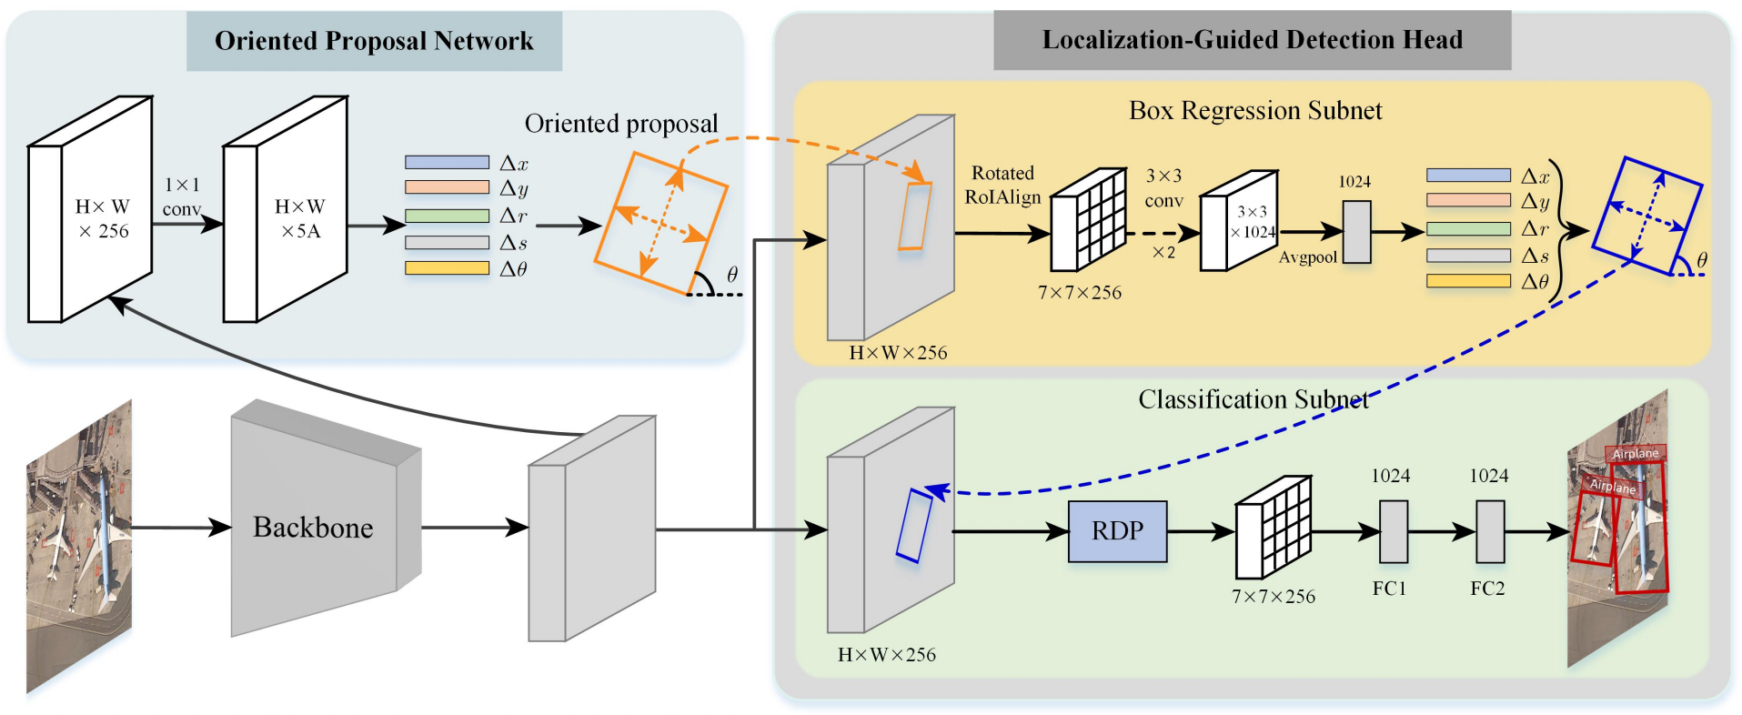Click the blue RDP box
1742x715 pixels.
pos(1117,530)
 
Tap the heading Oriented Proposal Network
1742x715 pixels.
pos(374,41)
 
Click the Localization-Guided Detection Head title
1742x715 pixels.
pos(1252,40)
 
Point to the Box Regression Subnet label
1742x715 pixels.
pos(1255,111)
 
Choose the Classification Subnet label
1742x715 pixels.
pos(1254,399)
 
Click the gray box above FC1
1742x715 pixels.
pos(1394,532)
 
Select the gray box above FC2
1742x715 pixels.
pos(1489,532)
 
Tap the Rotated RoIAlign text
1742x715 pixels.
pos(1002,185)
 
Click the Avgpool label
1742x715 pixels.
pos(1307,257)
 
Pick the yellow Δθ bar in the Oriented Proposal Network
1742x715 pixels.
pos(447,268)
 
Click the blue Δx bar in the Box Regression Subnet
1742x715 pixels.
pos(1468,176)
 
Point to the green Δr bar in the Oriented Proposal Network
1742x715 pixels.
pos(447,217)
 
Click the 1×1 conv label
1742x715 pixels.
pos(182,196)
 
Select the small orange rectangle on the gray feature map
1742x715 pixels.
pos(914,216)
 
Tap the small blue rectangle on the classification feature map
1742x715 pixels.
pos(913,526)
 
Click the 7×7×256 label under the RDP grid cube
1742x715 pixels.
pos(1274,597)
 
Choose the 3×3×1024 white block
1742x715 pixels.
pos(1239,222)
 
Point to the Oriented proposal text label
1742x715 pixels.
pos(621,124)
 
